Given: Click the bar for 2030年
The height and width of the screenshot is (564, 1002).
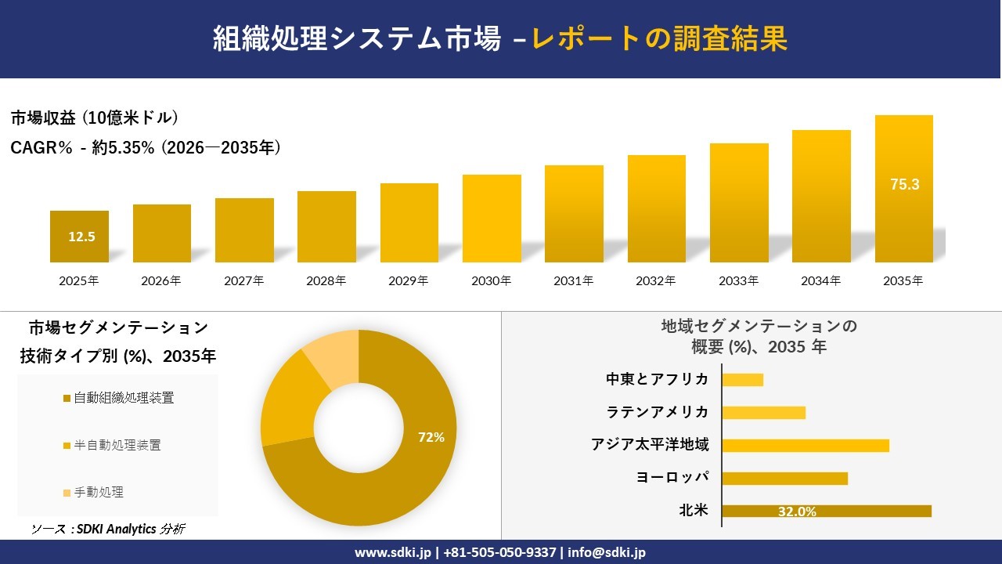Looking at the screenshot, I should click(492, 219).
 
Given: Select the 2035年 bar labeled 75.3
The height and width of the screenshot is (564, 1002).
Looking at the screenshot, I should click(904, 189).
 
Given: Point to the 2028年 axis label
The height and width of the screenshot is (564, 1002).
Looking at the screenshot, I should click(326, 280).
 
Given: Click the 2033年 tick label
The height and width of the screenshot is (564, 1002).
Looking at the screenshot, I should click(738, 280).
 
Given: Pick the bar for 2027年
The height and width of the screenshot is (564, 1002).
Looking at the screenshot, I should click(244, 230).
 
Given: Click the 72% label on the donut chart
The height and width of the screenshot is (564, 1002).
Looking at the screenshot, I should click(431, 437).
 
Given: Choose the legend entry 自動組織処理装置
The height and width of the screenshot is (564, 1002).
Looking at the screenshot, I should click(124, 398).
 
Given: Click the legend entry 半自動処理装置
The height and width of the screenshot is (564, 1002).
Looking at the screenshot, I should click(117, 445).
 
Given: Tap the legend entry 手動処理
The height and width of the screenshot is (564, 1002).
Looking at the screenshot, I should click(99, 492).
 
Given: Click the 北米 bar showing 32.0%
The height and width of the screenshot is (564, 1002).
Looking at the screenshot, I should click(827, 511).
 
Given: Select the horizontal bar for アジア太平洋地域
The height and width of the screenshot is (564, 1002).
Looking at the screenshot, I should click(806, 445).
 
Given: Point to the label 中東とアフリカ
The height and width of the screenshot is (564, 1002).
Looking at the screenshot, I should click(658, 379).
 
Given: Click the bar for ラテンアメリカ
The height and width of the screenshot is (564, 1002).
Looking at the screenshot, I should click(763, 412).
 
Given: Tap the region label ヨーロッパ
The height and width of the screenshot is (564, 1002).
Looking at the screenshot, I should click(673, 478).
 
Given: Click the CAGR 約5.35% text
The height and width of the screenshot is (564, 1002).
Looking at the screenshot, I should click(146, 147).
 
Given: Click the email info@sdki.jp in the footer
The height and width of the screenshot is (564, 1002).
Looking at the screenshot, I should click(607, 552).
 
